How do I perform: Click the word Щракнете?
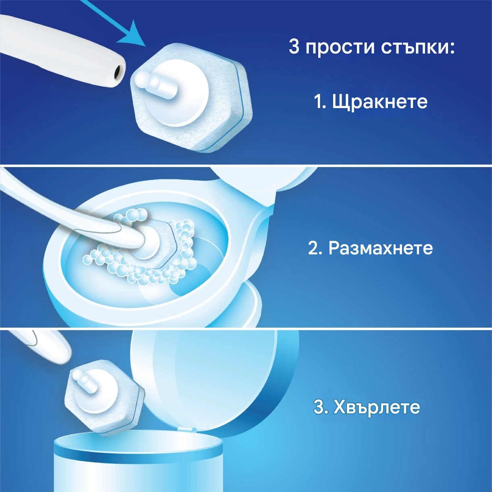coord(379,102)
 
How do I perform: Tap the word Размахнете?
coord(380,248)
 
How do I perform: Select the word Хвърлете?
coord(377,407)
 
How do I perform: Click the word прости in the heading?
coord(340,47)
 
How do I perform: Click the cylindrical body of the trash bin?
coord(137,472)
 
